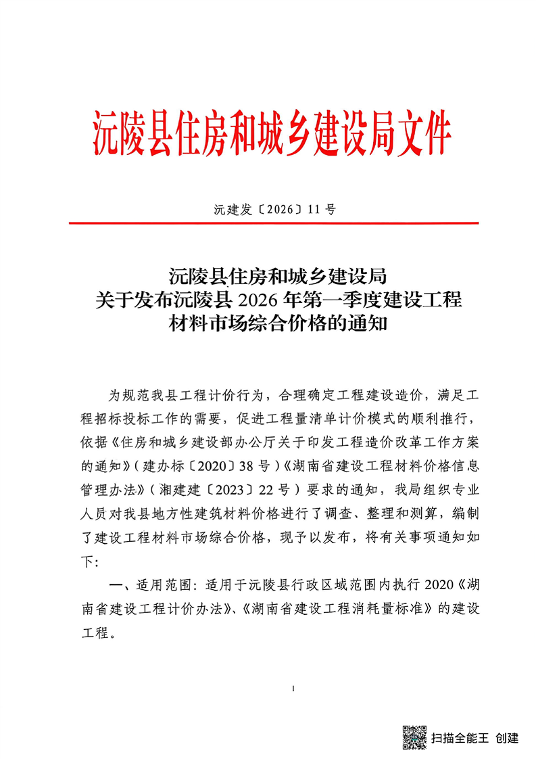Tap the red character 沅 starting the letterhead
pyautogui.click(x=107, y=133)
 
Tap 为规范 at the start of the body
pyautogui.click(x=126, y=394)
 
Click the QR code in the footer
pyautogui.click(x=414, y=737)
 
